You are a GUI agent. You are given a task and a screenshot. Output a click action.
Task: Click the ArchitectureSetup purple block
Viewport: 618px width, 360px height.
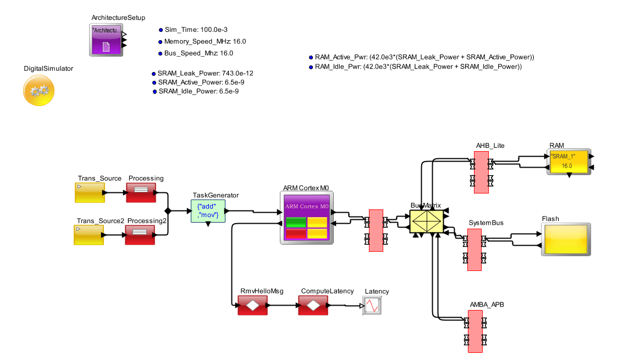coord(106,39)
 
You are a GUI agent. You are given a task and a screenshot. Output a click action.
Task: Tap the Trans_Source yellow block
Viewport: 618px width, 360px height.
coord(90,193)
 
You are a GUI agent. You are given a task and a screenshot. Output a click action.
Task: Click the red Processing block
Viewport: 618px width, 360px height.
coord(141,193)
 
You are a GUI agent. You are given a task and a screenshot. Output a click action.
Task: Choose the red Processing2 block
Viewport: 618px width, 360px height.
coord(140,235)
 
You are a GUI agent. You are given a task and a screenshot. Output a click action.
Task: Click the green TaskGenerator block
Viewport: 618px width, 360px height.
coord(208,211)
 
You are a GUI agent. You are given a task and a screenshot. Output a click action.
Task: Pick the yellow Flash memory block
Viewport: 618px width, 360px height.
coord(565,239)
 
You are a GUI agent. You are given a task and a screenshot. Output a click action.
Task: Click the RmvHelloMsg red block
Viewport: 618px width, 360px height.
coord(252,305)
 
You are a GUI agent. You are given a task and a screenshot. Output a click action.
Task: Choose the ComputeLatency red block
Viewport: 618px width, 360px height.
coord(313,305)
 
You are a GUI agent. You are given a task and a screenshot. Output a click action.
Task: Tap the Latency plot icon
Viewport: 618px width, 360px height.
coord(372,305)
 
